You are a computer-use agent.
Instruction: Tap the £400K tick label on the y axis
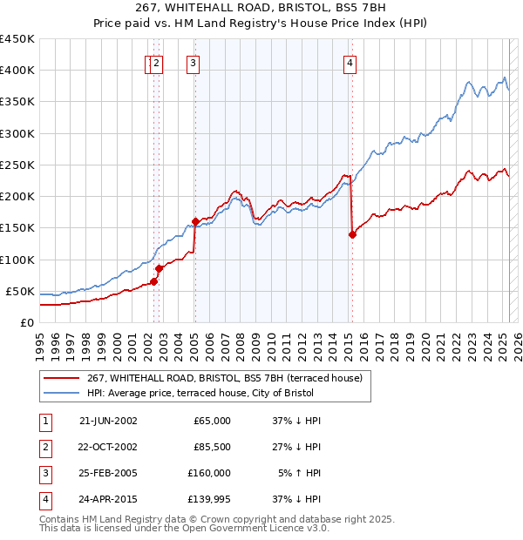(x=17, y=71)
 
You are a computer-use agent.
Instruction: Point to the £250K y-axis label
(x=17, y=165)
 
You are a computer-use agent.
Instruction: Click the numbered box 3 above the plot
(x=192, y=62)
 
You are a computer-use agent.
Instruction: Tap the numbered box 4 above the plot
(x=350, y=62)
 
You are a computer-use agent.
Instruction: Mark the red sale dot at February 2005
(x=195, y=221)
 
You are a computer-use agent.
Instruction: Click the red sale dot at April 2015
(x=352, y=234)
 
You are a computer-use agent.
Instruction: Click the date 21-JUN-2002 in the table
(x=108, y=421)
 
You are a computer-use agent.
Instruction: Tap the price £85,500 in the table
(x=212, y=447)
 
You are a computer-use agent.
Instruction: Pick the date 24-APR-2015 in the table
(x=108, y=499)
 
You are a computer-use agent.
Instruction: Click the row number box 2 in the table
(x=44, y=447)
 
